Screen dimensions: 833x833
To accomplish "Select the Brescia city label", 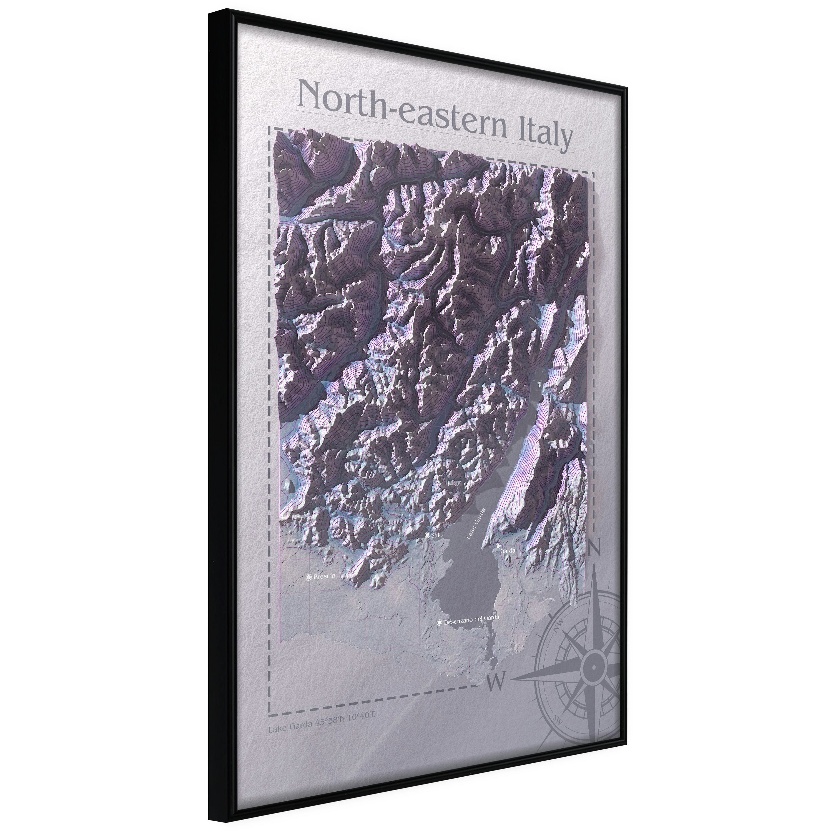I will (324, 576).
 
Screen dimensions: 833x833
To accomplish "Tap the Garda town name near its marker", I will (508, 551).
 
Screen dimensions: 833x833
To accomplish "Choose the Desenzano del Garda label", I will (471, 618).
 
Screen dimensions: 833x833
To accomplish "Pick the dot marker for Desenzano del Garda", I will (439, 623).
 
